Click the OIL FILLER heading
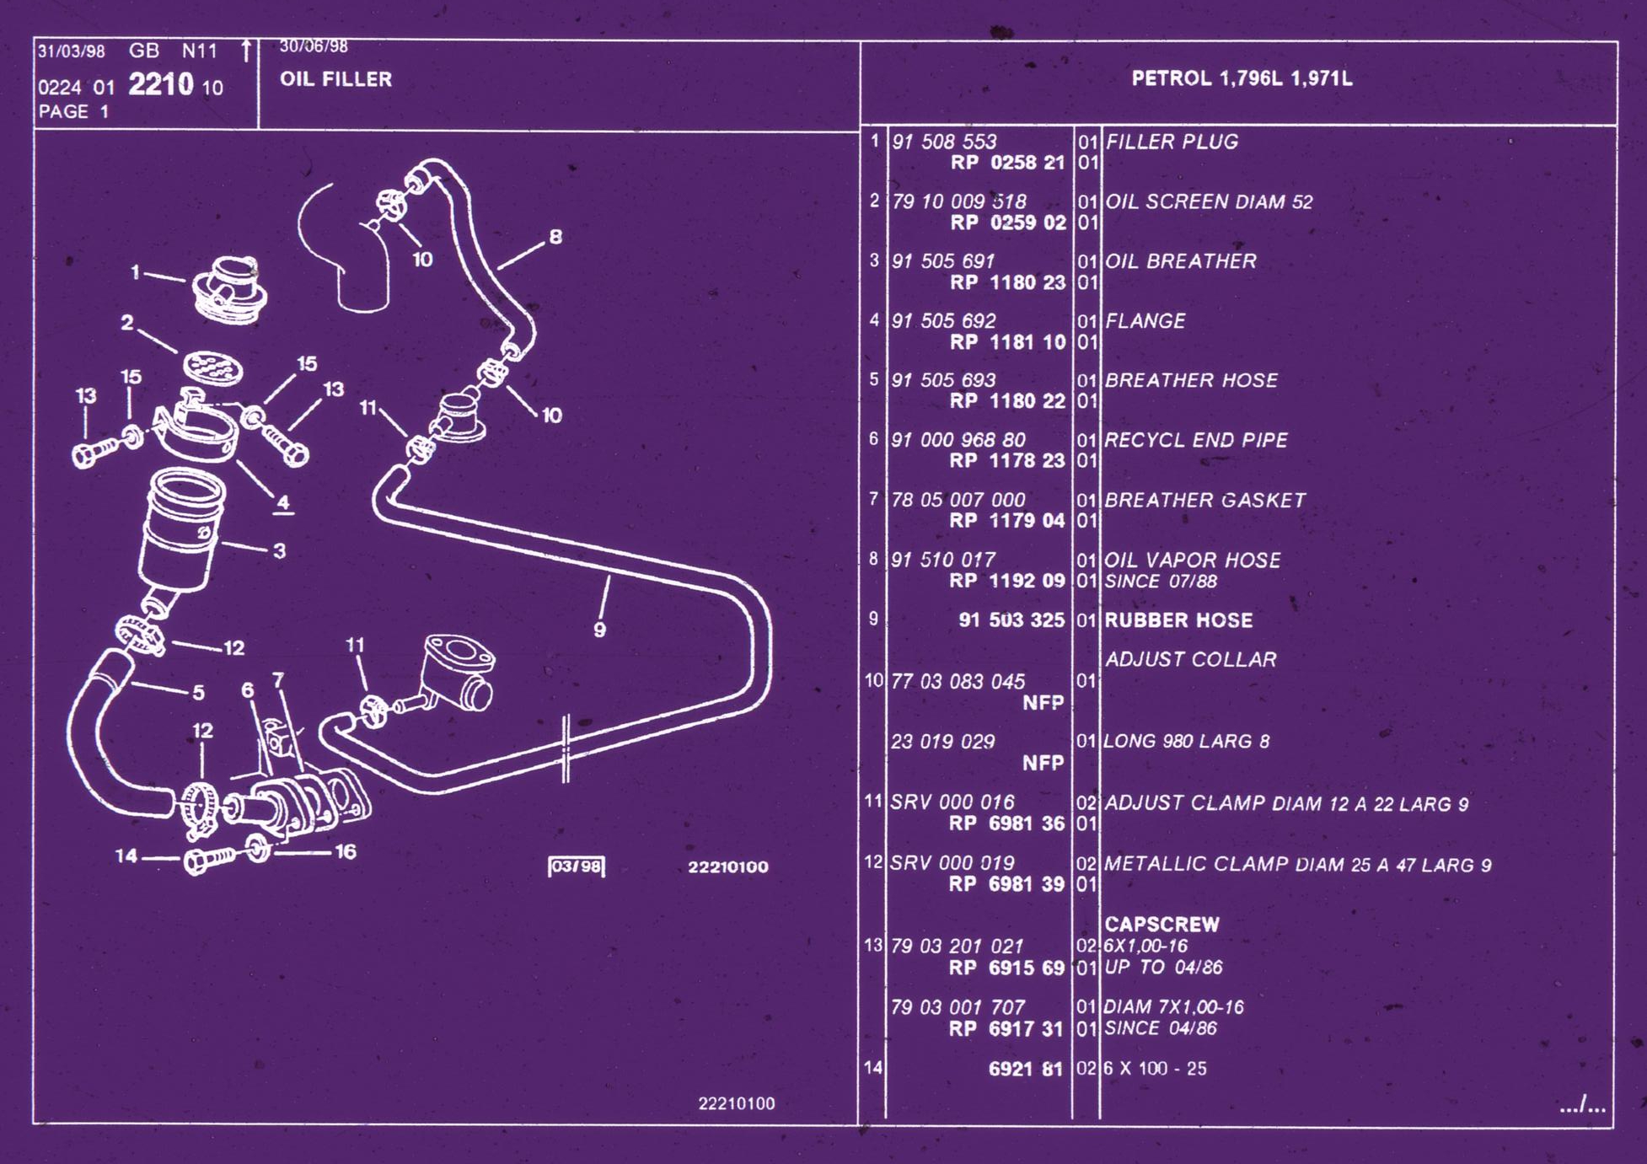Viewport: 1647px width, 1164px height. point(335,79)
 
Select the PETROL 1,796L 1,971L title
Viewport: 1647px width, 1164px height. point(1242,78)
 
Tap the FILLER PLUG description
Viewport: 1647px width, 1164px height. point(1172,142)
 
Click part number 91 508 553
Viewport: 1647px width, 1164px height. point(944,142)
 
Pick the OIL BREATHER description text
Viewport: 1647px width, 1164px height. point(1180,261)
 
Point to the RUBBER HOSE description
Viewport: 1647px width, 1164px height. point(1178,620)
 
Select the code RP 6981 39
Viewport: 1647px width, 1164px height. point(1006,884)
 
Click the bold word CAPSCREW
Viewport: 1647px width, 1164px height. point(1161,924)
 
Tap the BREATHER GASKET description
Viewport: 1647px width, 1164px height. point(1204,500)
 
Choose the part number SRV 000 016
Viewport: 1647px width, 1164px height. point(952,802)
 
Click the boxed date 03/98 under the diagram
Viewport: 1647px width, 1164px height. point(577,866)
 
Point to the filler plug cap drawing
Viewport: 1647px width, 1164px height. point(229,289)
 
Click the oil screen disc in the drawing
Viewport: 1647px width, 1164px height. point(213,367)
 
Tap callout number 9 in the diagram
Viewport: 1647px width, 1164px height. point(599,630)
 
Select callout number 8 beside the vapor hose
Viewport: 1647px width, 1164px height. point(555,237)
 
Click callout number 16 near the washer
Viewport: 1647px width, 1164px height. point(346,852)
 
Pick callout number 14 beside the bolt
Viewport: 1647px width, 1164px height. point(126,856)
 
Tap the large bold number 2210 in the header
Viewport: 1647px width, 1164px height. point(161,84)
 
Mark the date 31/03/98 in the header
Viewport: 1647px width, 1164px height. point(72,51)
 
